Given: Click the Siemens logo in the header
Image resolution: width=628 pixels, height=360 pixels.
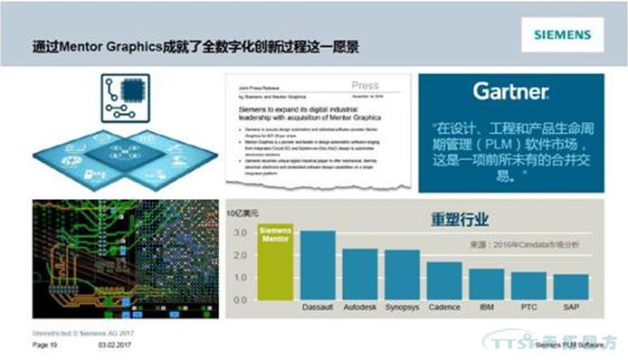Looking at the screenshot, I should (561, 36).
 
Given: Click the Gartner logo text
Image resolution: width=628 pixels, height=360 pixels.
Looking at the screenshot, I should (510, 92).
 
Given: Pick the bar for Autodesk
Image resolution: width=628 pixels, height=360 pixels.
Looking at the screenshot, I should (360, 276).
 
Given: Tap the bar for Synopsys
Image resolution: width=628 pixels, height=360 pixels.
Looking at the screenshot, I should (402, 277).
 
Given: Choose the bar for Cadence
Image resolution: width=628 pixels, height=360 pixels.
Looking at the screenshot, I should (444, 282).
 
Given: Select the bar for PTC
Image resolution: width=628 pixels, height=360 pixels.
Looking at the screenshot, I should (528, 288).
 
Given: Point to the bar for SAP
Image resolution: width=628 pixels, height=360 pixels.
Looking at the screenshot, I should (570, 289).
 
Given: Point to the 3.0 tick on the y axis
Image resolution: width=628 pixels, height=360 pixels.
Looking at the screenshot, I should (240, 232).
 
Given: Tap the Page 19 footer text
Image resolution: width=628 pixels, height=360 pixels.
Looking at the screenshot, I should (45, 346).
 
